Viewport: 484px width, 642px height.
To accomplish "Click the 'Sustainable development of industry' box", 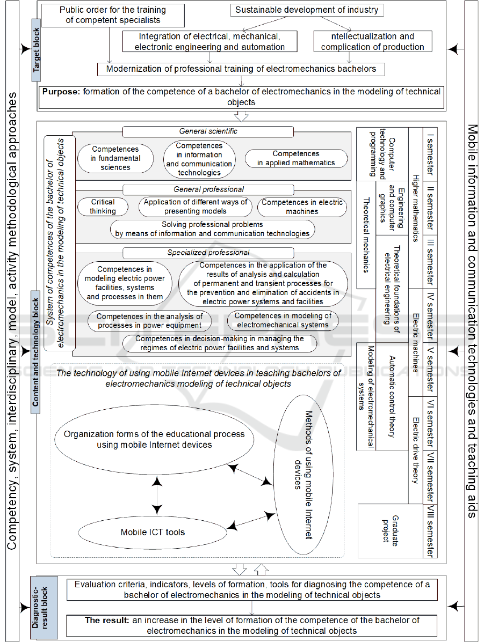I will [x=307, y=10].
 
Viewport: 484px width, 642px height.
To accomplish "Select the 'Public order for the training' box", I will [x=113, y=15].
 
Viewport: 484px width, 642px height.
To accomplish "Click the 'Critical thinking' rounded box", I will [x=103, y=206].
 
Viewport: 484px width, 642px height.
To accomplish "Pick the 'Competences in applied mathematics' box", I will [x=295, y=158].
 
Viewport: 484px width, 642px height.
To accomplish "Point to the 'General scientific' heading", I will [x=208, y=131].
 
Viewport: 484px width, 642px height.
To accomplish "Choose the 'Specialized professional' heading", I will [x=208, y=253].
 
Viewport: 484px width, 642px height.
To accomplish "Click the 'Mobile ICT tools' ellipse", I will [x=153, y=532].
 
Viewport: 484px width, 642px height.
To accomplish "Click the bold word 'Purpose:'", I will [x=61, y=92].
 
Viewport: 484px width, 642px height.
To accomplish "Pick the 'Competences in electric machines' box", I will [x=302, y=206].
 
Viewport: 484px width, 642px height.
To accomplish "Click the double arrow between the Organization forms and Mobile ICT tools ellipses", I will [x=156, y=497].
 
